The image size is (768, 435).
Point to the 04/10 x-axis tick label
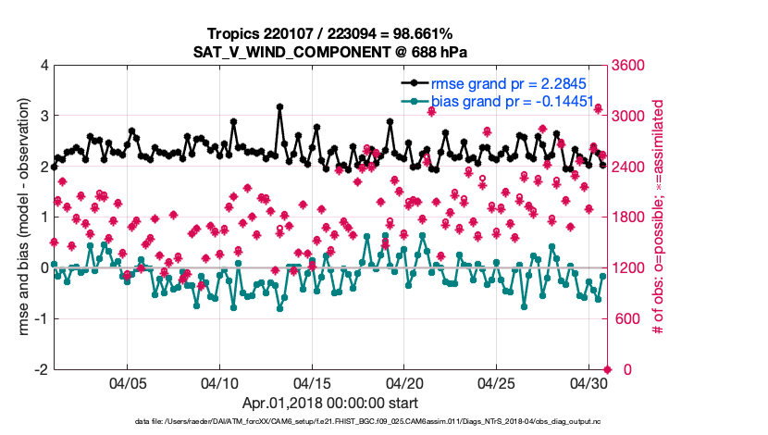(x=220, y=382)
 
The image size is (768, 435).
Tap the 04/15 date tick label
(x=313, y=382)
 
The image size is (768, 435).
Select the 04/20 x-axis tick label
(x=404, y=382)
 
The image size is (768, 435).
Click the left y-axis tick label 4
(x=43, y=66)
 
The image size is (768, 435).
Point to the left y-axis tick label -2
(x=40, y=369)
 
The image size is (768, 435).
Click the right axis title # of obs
(x=660, y=217)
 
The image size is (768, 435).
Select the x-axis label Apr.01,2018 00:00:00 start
(x=330, y=404)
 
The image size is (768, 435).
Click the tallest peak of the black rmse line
(x=279, y=106)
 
